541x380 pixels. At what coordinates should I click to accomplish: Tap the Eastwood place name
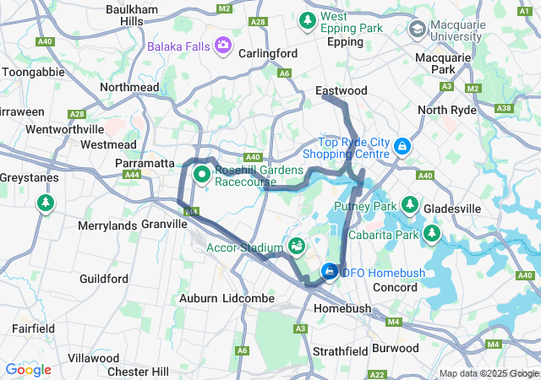point(341,90)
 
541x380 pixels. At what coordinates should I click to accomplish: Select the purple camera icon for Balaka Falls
point(224,44)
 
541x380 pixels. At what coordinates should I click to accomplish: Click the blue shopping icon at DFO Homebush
point(329,272)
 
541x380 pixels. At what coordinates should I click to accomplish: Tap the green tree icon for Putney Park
point(410,204)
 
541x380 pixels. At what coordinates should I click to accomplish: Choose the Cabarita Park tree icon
point(432,231)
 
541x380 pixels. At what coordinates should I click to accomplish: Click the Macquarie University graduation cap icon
point(417,30)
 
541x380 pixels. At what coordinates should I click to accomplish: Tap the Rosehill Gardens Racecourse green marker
point(203,175)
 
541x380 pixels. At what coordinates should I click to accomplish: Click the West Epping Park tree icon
point(309,19)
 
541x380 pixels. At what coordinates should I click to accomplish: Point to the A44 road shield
point(131,175)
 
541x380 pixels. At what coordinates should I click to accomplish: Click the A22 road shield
point(378,374)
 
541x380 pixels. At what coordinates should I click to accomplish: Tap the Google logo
point(28,370)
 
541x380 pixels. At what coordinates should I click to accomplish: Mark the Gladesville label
point(477,209)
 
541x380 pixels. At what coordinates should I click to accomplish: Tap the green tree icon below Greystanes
point(45,204)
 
